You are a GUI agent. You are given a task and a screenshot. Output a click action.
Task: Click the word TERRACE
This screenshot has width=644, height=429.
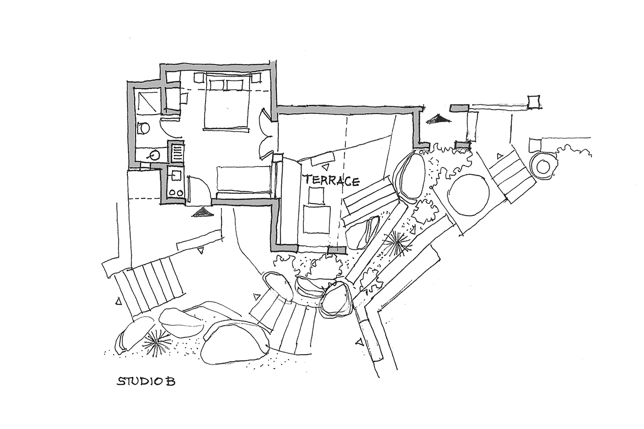click(332, 180)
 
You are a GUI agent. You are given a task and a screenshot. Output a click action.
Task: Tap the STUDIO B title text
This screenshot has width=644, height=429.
click(146, 381)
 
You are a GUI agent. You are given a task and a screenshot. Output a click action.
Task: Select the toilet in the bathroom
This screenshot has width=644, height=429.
click(143, 128)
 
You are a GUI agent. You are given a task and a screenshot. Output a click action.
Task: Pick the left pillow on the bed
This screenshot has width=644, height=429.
click(217, 85)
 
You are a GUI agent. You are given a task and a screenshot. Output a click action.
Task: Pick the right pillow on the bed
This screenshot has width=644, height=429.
click(235, 85)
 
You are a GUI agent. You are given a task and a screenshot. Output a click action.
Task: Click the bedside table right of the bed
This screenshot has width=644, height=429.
click(255, 78)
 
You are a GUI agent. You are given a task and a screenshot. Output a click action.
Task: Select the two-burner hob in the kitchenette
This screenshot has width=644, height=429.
click(175, 192)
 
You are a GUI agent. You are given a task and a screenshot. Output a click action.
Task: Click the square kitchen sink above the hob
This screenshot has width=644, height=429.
click(176, 175)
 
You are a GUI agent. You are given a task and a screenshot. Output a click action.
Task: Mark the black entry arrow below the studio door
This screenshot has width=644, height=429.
click(203, 212)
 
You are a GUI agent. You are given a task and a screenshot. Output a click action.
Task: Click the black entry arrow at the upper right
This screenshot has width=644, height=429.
click(437, 119)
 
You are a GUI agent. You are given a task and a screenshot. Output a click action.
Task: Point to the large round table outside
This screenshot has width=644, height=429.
click(469, 195)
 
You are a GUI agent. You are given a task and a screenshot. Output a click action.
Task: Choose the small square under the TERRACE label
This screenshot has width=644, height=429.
click(316, 196)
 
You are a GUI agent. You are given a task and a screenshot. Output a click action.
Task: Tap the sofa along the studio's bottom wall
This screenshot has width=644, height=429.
click(244, 181)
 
